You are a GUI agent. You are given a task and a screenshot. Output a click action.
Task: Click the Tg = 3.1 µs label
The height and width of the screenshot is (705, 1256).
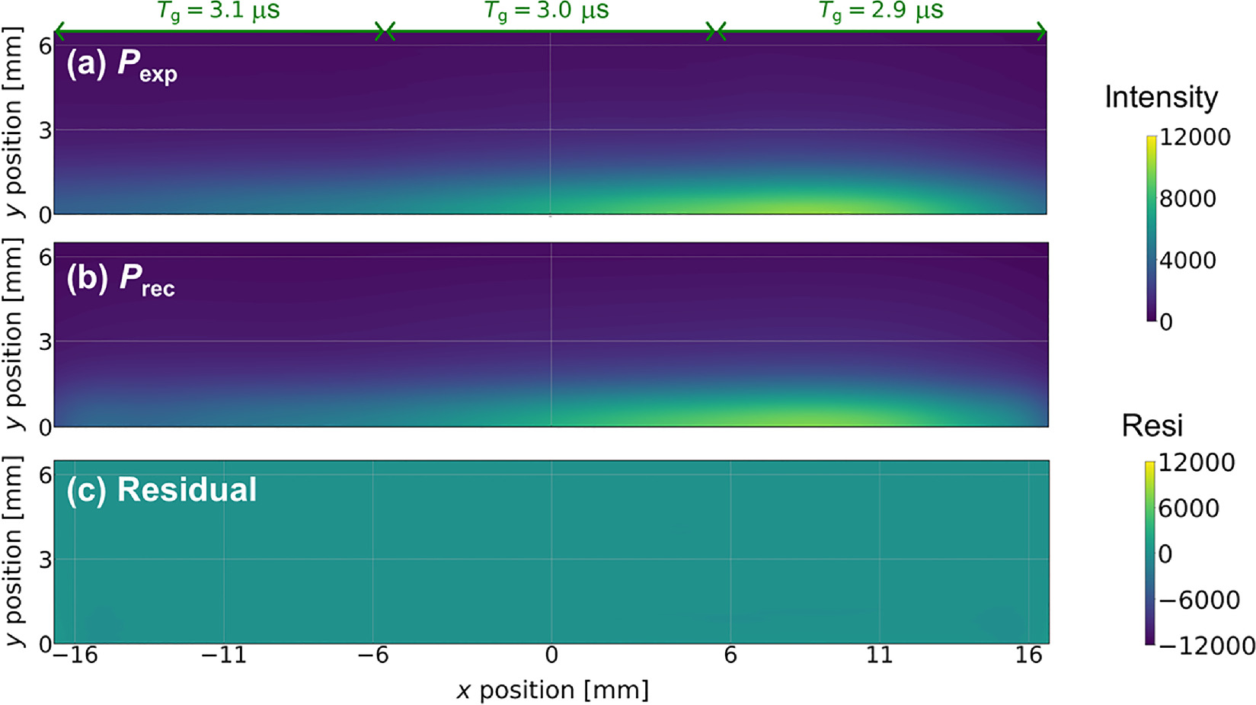tap(219, 11)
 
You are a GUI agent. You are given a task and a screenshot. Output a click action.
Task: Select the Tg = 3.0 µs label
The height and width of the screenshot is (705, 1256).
tap(547, 11)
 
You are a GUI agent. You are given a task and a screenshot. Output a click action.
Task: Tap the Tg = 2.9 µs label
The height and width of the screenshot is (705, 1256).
tap(881, 11)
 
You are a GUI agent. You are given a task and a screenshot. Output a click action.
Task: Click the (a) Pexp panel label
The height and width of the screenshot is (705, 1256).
tap(122, 66)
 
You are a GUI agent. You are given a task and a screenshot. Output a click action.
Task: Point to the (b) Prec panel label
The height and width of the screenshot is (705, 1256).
tap(121, 280)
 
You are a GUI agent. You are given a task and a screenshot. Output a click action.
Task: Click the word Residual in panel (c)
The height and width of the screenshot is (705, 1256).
tap(187, 490)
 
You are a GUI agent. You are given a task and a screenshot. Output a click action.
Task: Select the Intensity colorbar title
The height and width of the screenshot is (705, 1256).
tap(1161, 98)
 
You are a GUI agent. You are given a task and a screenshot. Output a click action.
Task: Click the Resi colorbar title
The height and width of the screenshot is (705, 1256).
tap(1152, 426)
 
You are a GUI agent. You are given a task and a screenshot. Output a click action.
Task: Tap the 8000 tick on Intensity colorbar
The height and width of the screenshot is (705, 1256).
tap(1187, 199)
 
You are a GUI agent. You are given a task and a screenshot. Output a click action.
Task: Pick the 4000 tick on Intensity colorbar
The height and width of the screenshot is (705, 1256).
tap(1187, 261)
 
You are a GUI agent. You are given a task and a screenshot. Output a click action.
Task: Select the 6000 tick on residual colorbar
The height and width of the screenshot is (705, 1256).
tap(1188, 508)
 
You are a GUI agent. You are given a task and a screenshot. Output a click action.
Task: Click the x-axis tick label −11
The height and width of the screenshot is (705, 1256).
tap(224, 655)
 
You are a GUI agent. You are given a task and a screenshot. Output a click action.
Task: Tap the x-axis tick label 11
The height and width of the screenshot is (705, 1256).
tap(879, 655)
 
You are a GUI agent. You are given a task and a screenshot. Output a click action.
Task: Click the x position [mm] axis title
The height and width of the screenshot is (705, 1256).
tap(552, 690)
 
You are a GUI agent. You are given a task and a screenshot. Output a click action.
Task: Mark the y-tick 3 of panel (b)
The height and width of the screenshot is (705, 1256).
tap(45, 341)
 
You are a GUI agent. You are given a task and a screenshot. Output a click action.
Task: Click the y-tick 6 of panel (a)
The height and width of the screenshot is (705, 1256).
tap(45, 46)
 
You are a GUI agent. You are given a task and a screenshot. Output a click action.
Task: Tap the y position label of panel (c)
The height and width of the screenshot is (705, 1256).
tap(14, 551)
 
